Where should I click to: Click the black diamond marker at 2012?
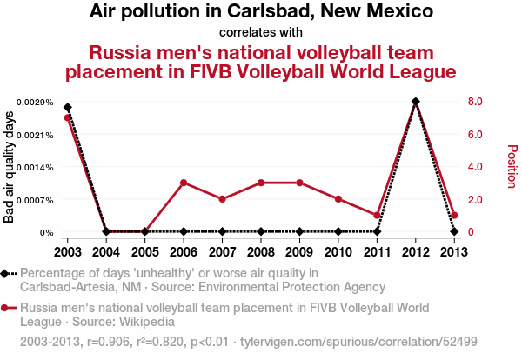(x=416, y=101)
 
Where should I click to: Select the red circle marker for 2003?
(x=68, y=117)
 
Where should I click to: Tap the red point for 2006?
(x=184, y=183)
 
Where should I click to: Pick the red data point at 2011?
(x=377, y=216)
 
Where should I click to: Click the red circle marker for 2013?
(x=454, y=216)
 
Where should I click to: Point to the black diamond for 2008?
(x=261, y=231)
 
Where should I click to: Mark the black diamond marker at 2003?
(x=68, y=108)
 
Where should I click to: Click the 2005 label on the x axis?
(x=144, y=252)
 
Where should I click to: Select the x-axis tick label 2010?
(x=338, y=252)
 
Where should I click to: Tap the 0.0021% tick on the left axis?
(x=35, y=135)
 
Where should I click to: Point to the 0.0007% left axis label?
(x=35, y=200)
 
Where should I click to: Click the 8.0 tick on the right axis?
(x=475, y=101)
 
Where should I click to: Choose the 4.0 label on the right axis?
(x=475, y=166)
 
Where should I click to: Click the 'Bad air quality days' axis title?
(x=9, y=167)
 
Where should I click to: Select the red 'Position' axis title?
(x=512, y=166)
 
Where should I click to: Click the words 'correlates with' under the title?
(x=261, y=32)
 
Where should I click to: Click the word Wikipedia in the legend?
(x=147, y=322)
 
